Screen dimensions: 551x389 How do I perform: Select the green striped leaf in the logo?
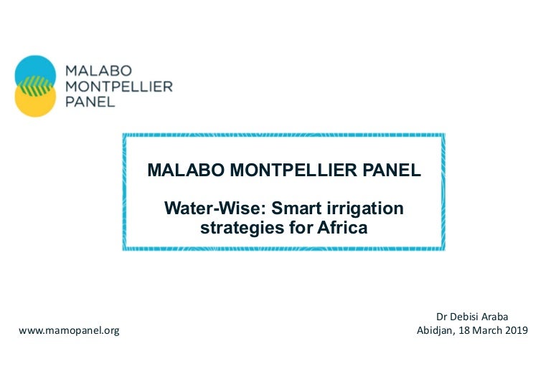click(35, 86)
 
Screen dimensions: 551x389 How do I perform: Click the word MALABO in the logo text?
click(98, 71)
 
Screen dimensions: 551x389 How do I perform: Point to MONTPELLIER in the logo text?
click(119, 87)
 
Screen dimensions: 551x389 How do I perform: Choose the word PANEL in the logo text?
click(90, 102)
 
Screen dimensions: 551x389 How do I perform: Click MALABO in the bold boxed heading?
click(186, 170)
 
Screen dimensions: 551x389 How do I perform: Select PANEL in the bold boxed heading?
click(392, 170)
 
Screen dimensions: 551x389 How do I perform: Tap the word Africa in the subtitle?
click(342, 227)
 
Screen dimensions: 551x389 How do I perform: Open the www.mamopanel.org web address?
click(69, 331)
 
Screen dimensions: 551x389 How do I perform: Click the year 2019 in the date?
click(517, 330)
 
